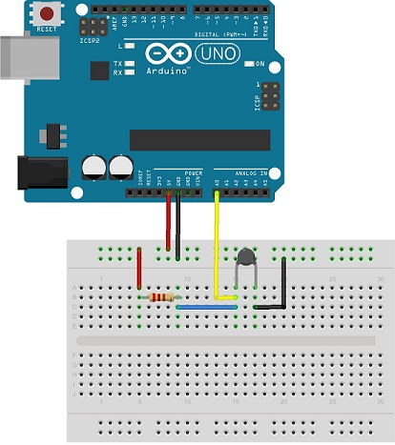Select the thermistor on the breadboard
[247, 256]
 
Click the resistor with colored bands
[162, 298]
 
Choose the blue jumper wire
[208, 308]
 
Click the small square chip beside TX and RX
[98, 71]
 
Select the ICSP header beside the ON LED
[270, 95]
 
